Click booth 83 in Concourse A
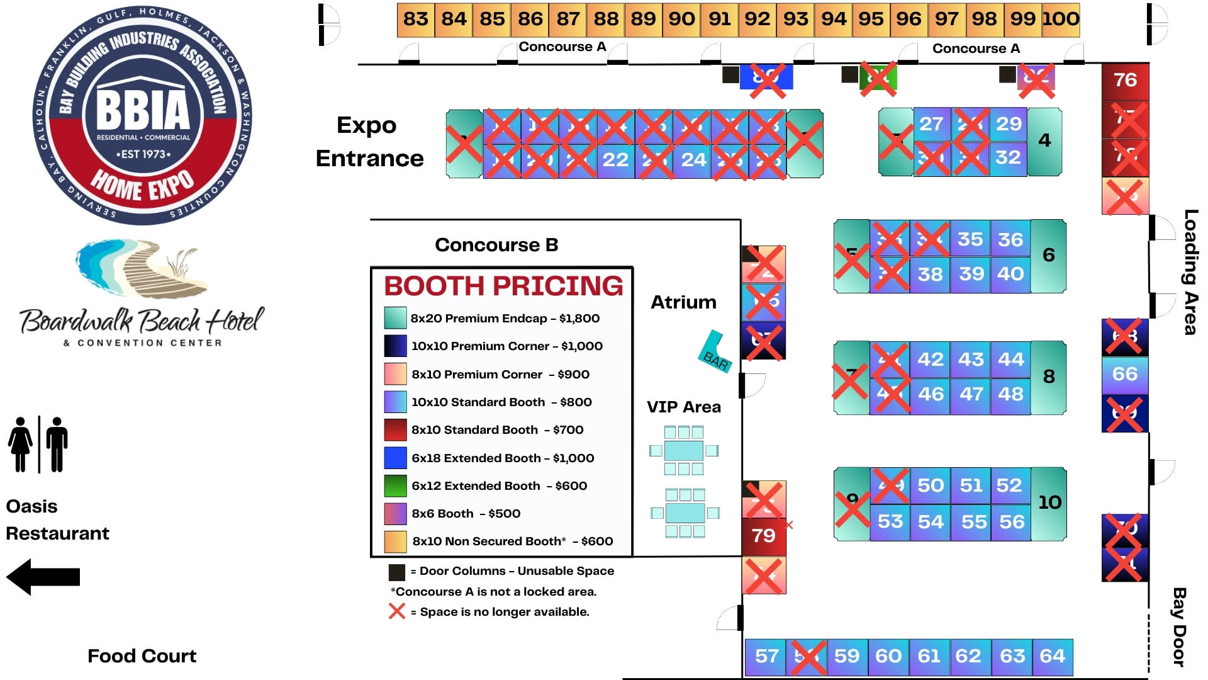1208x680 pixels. tap(415, 20)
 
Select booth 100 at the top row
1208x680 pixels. tap(1061, 20)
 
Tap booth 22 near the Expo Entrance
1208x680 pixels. tap(615, 160)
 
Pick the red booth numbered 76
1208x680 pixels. tap(1125, 81)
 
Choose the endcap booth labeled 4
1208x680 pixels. tap(1044, 141)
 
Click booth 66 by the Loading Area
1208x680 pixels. tap(1125, 375)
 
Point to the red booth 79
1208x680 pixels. tap(763, 536)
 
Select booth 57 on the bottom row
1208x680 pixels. tap(766, 657)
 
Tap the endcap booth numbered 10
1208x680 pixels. tap(1049, 503)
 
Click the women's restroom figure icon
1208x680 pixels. tap(21, 444)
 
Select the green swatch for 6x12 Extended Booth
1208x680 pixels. tap(395, 486)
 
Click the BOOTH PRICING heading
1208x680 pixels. tap(503, 286)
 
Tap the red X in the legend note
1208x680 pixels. tap(397, 611)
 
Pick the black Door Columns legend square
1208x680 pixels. tap(396, 572)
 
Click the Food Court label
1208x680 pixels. tap(142, 656)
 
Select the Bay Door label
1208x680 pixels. tap(1179, 627)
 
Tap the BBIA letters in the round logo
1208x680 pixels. tap(143, 110)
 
